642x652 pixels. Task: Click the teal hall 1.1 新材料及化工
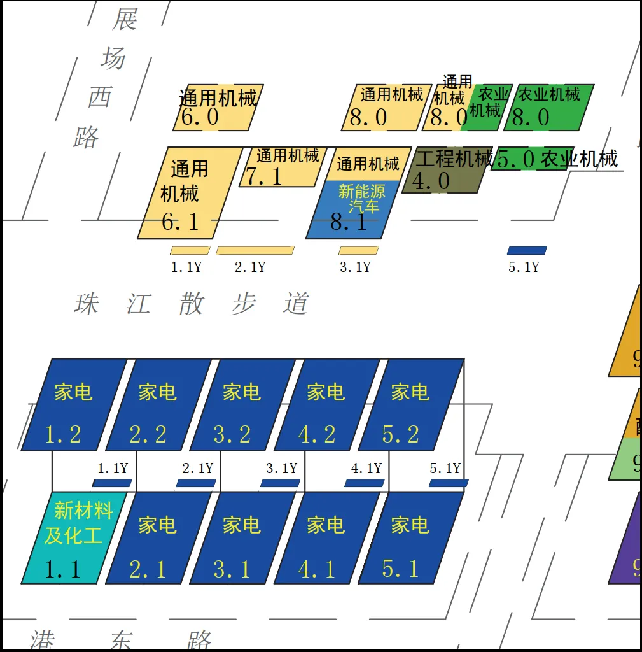[x=67, y=538]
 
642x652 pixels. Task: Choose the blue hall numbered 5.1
[x=410, y=538]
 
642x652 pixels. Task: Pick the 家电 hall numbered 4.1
[x=326, y=538]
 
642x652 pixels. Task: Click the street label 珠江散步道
[x=191, y=304]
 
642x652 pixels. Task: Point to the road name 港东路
[x=121, y=640]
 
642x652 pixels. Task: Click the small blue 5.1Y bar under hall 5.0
[x=527, y=250]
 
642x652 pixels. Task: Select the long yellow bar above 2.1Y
[x=255, y=250]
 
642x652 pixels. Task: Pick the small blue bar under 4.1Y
[x=365, y=483]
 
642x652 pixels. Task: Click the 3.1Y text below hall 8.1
[x=355, y=267]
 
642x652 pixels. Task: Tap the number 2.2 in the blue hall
[x=148, y=435]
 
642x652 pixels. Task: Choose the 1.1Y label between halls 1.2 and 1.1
[x=113, y=469]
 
